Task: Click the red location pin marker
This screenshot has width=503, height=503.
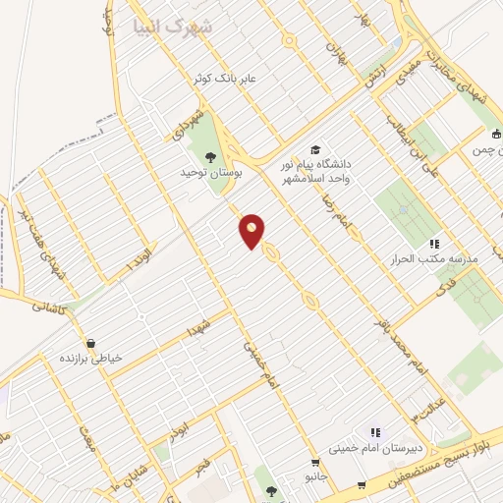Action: [x=252, y=230]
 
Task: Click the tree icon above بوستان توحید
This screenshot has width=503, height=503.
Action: [x=208, y=155]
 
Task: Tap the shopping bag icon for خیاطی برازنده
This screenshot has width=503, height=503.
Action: [x=91, y=343]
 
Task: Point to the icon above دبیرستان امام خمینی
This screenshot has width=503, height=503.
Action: [x=374, y=432]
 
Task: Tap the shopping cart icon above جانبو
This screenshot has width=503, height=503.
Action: [x=315, y=464]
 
